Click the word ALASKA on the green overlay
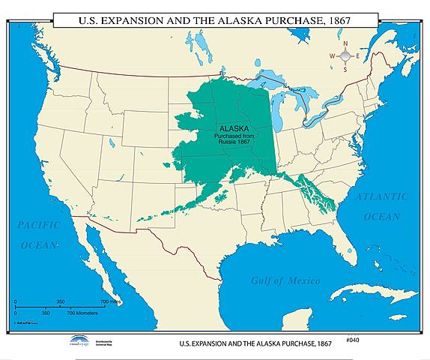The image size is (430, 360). pyautogui.click(x=233, y=128)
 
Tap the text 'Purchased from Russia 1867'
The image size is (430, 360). pyautogui.click(x=234, y=140)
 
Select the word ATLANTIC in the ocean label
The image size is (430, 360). pyautogui.click(x=382, y=196)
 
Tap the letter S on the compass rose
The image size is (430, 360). pyautogui.click(x=345, y=70)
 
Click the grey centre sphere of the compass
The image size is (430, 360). pyautogui.click(x=345, y=56)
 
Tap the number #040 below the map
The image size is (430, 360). pyautogui.click(x=354, y=340)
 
